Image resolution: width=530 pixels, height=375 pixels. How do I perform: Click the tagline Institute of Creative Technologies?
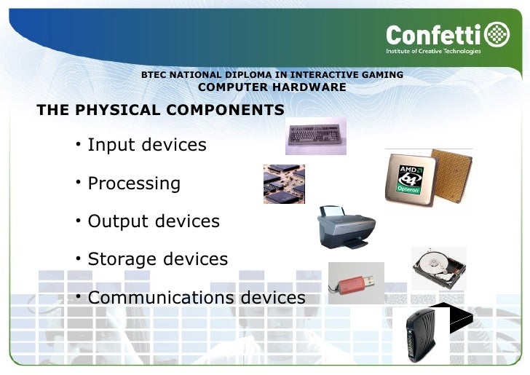434,51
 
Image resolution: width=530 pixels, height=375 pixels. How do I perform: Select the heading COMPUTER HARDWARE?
272,87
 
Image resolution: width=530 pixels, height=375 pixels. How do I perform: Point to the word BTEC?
154,75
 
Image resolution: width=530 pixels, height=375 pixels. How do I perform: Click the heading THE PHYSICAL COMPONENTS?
160,110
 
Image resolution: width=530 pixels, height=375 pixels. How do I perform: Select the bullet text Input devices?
147,145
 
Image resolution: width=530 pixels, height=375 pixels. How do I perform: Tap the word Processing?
134,183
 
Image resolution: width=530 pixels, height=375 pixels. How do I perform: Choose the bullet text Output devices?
154,221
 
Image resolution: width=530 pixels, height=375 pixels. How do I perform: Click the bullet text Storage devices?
157,259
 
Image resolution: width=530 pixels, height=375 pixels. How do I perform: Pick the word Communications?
161,298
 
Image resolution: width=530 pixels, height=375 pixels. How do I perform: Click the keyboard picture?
315,135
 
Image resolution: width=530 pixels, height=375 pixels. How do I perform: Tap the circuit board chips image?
284,183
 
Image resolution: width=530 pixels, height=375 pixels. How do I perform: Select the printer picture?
347,227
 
